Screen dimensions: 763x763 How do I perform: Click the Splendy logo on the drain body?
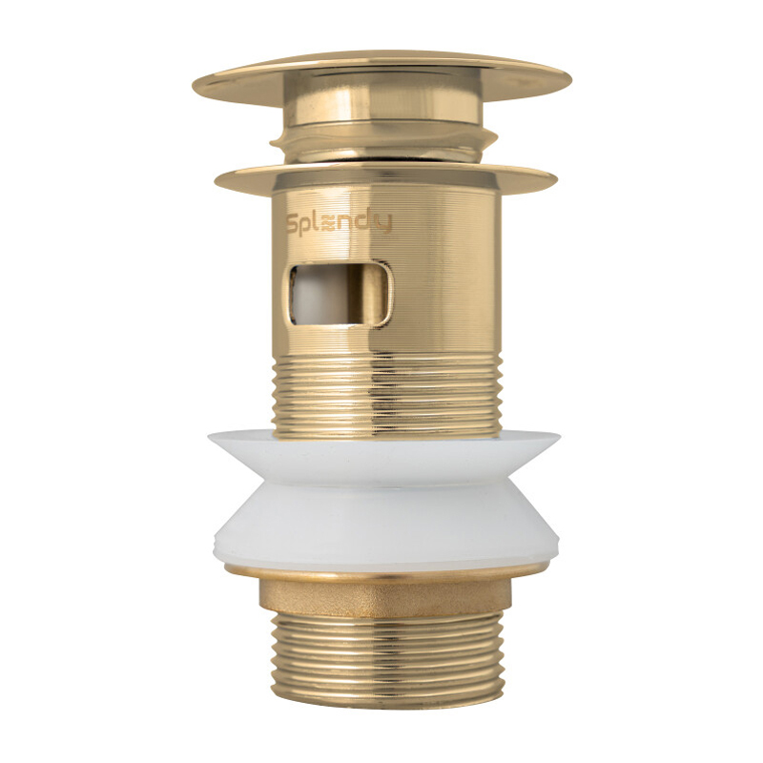point(339,223)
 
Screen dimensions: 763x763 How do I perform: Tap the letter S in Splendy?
point(293,224)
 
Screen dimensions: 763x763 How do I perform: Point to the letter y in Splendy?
point(384,225)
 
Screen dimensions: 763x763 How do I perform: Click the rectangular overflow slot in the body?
point(340,294)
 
